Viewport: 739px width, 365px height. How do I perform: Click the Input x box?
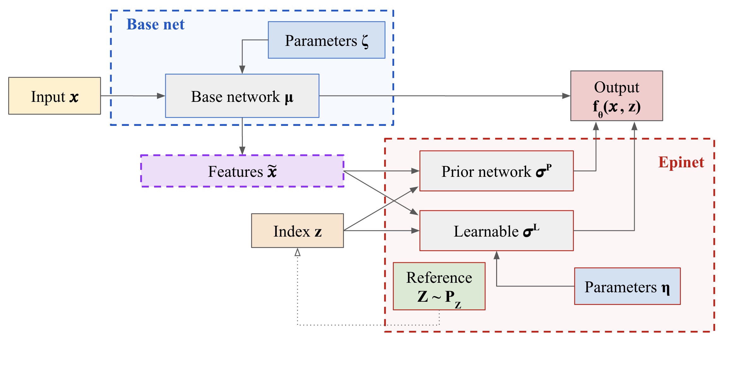(54, 96)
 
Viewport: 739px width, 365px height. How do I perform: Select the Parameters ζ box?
(326, 40)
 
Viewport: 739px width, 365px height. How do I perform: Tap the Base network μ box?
(242, 96)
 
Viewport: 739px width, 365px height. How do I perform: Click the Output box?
(616, 96)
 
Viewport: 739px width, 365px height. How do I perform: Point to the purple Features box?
(242, 171)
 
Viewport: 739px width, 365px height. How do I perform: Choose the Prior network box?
(496, 171)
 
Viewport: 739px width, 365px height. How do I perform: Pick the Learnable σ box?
(496, 231)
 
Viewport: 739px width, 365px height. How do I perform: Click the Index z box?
(297, 231)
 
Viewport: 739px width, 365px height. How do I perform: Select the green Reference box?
(439, 286)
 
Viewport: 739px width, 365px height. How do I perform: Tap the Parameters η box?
(627, 286)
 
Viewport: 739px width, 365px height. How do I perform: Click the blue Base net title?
(155, 24)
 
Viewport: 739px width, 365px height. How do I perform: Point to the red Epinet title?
(681, 162)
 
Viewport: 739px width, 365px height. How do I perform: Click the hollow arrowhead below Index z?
(297, 252)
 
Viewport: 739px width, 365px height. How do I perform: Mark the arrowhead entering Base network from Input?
(161, 96)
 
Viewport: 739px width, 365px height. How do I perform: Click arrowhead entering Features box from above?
(242, 151)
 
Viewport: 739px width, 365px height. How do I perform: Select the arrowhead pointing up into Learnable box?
(496, 255)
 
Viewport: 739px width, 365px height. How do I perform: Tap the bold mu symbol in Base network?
(289, 97)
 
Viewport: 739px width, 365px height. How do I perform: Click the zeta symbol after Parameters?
(365, 41)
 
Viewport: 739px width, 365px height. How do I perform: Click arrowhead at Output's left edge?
(566, 96)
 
